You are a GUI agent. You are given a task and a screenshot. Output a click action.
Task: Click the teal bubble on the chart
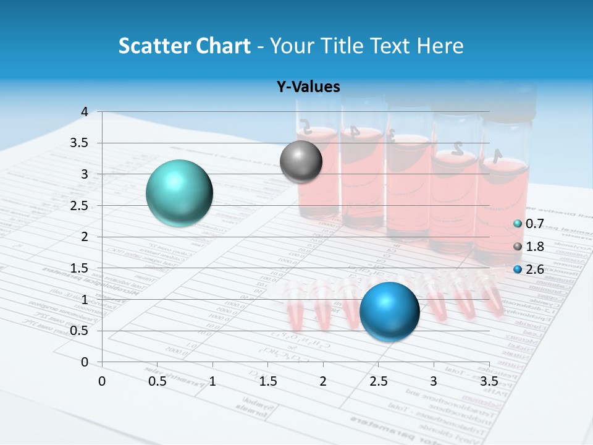tap(180, 193)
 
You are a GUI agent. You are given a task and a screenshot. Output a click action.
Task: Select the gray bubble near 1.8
tap(301, 162)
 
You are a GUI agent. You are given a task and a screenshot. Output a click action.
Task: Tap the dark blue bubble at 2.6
tap(390, 311)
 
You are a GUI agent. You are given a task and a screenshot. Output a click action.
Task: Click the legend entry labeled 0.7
tap(529, 224)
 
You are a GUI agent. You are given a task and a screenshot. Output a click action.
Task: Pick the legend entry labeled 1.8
tap(529, 247)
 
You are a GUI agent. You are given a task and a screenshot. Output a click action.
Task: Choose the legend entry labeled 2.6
tap(529, 269)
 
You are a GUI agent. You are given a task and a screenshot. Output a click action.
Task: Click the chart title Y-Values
tap(308, 87)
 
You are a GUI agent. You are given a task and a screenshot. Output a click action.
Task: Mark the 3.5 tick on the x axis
tap(489, 381)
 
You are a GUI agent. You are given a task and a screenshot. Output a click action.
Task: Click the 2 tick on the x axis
tap(323, 381)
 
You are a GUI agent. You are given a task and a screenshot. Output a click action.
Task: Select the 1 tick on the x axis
tap(212, 381)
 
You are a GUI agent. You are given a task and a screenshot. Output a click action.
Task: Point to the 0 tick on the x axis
tap(102, 381)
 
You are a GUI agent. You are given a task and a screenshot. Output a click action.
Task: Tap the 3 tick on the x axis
tap(434, 381)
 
